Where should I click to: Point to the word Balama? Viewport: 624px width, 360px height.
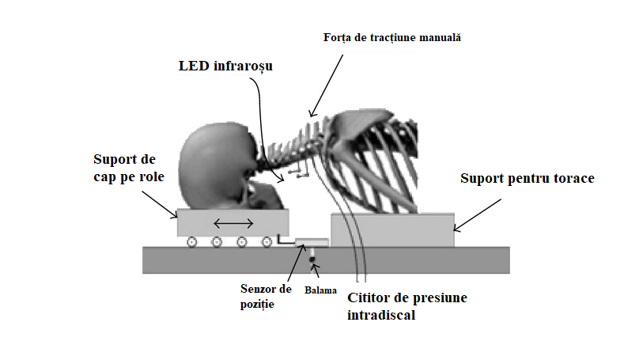[x=319, y=290]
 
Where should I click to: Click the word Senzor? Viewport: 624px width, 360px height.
[x=260, y=289]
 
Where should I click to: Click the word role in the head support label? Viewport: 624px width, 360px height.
[x=150, y=177]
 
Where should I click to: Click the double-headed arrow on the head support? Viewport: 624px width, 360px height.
[x=235, y=224]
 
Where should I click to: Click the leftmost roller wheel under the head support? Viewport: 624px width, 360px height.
[x=191, y=242]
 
